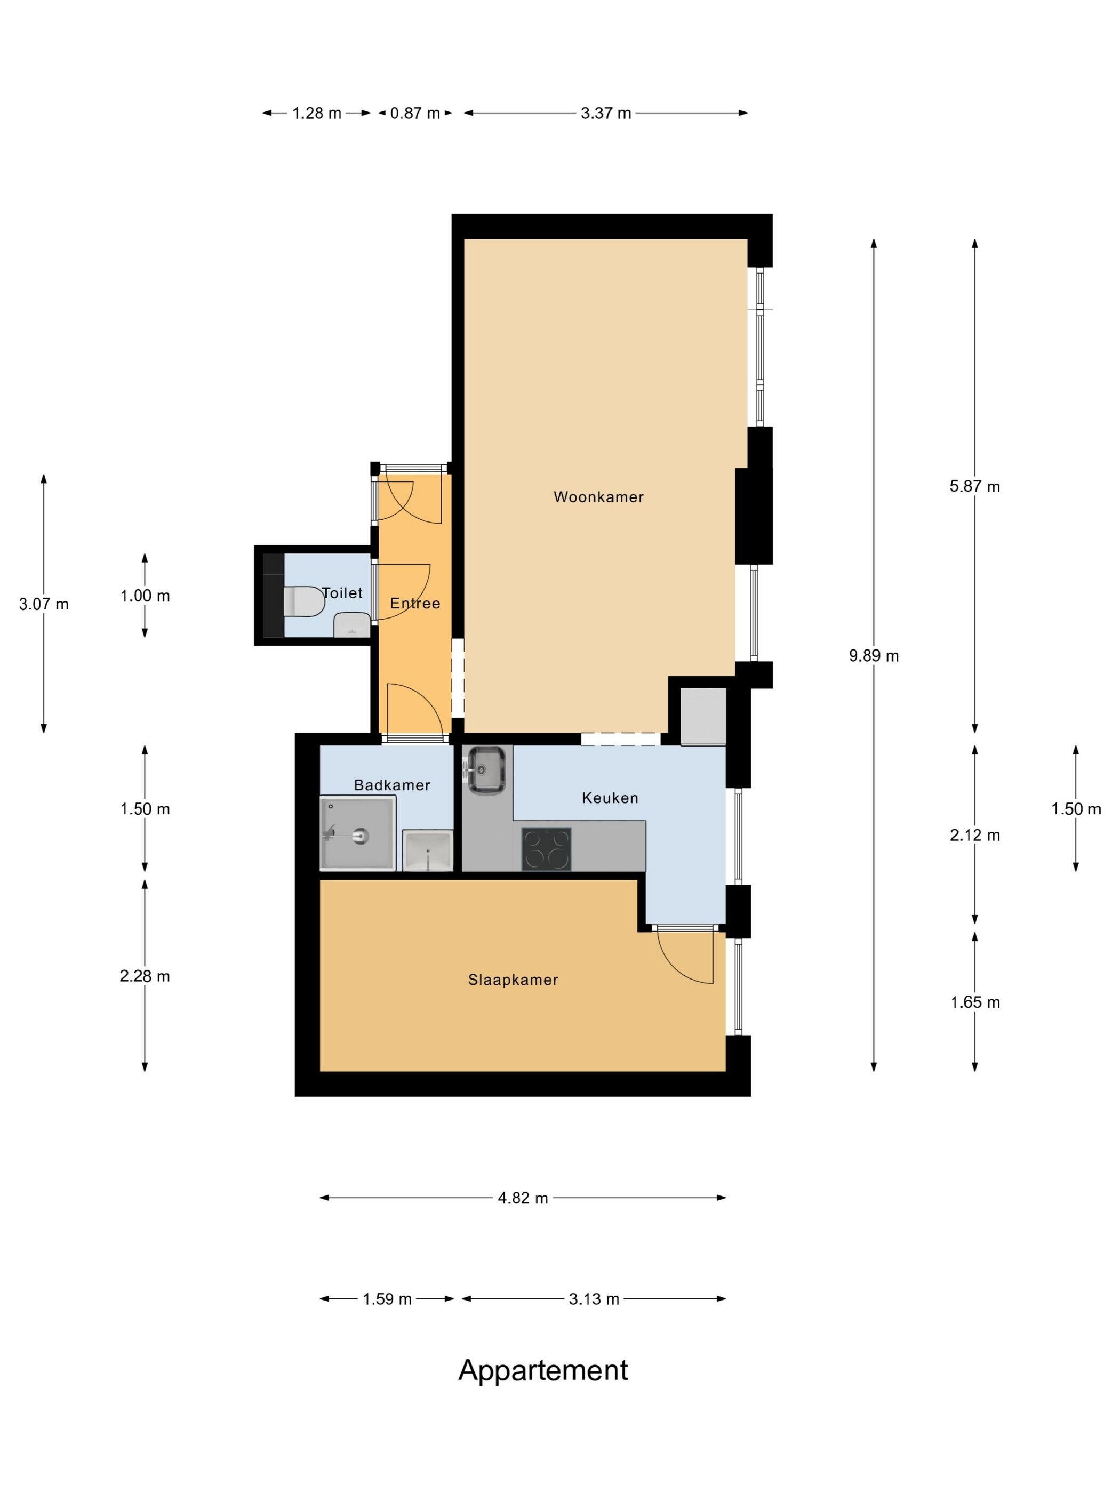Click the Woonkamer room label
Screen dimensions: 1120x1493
point(598,497)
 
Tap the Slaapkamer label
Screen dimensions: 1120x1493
point(513,980)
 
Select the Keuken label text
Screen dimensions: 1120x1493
point(610,798)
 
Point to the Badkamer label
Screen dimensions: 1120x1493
point(391,785)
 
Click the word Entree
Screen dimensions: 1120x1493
point(415,604)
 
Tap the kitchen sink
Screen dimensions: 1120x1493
point(485,769)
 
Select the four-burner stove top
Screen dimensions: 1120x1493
point(546,848)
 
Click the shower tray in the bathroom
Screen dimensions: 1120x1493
point(357,835)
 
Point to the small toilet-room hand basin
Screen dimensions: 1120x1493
point(351,625)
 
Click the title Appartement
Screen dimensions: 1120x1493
point(543,1371)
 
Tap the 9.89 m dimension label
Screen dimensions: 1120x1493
point(874,655)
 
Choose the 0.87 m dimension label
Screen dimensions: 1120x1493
point(414,114)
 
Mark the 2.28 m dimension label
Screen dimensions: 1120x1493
point(145,976)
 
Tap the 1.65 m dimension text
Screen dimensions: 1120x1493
point(975,1002)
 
